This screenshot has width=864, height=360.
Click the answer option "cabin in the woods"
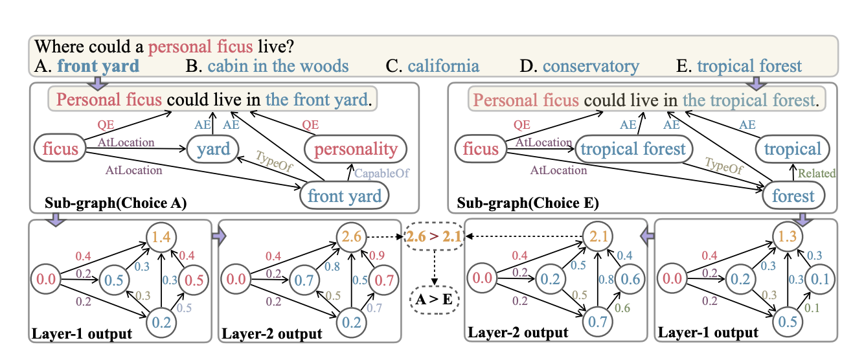point(277,66)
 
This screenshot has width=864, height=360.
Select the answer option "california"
point(443,66)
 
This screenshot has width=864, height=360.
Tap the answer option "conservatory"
point(590,66)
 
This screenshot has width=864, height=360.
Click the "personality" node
point(356,149)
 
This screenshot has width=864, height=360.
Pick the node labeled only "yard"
point(214,149)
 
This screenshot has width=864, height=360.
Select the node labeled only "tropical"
point(793,149)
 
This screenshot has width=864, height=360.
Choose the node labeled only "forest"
point(793,196)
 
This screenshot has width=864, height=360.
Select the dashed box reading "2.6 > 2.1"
point(434,238)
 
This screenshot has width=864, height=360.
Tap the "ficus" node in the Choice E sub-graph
point(481,149)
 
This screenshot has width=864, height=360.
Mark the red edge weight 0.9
point(380,253)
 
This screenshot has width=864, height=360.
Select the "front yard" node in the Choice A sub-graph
point(344,196)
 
